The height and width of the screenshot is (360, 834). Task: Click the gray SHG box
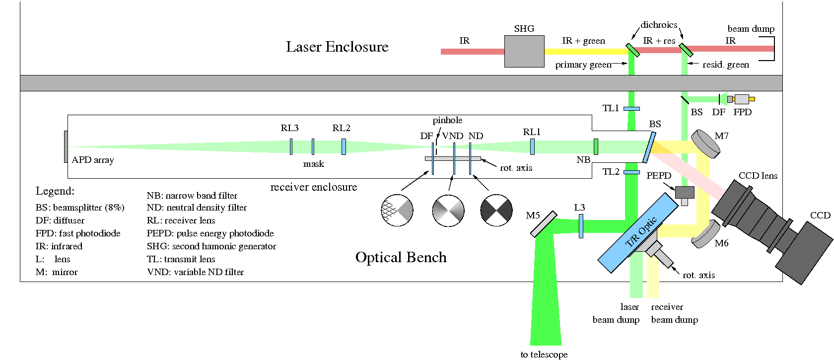(x=524, y=51)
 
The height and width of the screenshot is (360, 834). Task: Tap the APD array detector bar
(x=66, y=146)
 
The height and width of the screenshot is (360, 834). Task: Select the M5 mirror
(x=544, y=224)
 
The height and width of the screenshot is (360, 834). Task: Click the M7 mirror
(x=705, y=144)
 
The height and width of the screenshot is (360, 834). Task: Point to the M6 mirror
(x=705, y=233)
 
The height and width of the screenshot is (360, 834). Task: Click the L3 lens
(x=581, y=226)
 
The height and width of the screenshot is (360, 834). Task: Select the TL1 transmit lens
(x=631, y=108)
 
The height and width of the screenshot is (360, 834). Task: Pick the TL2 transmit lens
(x=631, y=172)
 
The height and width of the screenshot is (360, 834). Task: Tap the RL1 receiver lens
(x=532, y=146)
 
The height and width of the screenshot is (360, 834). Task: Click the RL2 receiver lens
(x=344, y=146)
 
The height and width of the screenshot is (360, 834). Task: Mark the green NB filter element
(x=596, y=146)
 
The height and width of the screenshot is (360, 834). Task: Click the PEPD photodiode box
(x=685, y=193)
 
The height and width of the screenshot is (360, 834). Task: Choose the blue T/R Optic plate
(x=638, y=232)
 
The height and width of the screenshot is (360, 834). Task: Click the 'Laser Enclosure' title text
(x=337, y=47)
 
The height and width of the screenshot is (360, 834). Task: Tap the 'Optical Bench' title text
(x=401, y=257)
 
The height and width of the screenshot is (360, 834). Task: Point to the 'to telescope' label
(x=544, y=354)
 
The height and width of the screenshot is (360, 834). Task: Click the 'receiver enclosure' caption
(x=313, y=187)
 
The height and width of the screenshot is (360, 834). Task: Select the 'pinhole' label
(x=447, y=120)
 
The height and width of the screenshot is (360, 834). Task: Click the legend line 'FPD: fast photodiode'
(x=78, y=233)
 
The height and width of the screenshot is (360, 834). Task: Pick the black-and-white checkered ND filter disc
(x=496, y=210)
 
